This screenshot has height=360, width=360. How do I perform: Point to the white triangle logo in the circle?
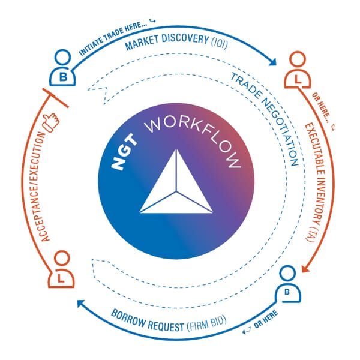point(176,183)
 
